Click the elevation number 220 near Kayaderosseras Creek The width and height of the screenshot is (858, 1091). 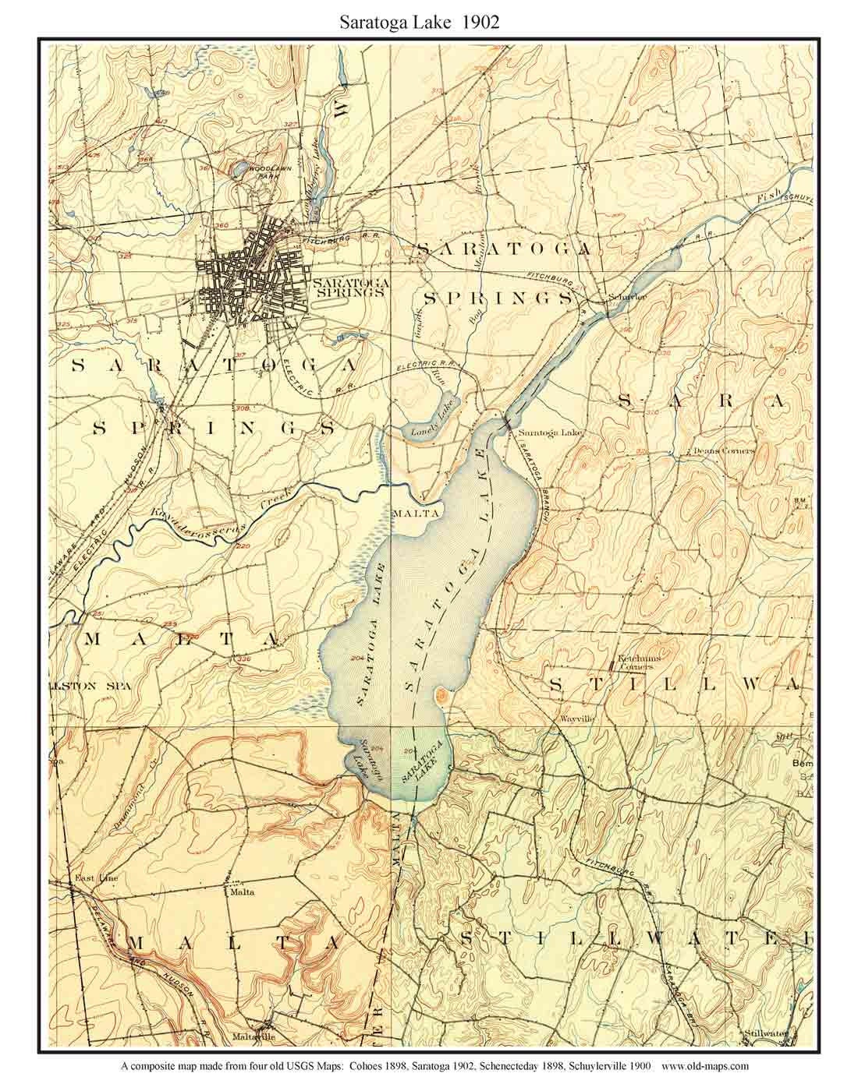[242, 547]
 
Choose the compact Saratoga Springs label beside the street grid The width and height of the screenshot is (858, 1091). [348, 288]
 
